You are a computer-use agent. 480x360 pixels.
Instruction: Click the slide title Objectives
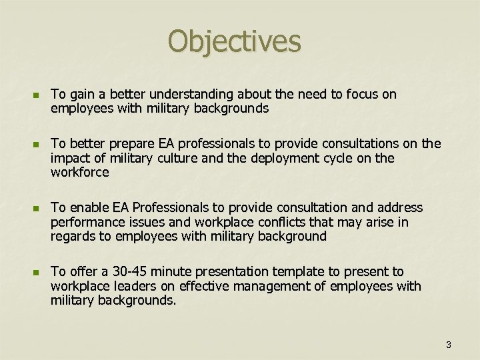(x=235, y=41)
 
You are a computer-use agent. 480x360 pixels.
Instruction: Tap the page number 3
(x=448, y=345)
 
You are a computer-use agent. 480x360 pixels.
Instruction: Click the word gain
(x=80, y=95)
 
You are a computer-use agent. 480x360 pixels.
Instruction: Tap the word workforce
(x=79, y=172)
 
